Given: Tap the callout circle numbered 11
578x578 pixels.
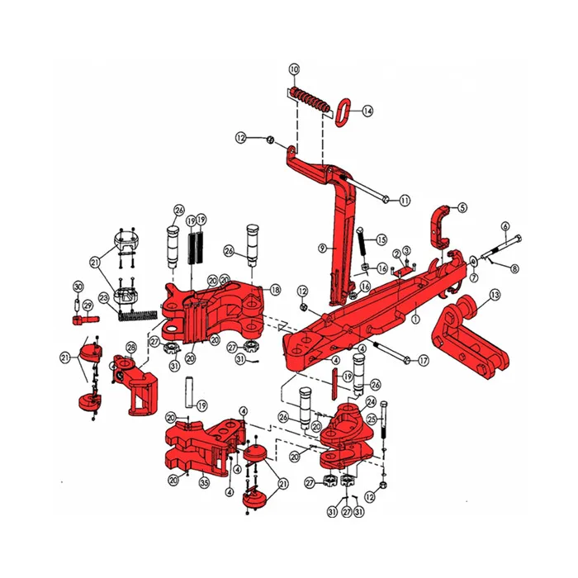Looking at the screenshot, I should click(x=405, y=201).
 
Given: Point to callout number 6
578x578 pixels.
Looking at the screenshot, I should click(x=505, y=226).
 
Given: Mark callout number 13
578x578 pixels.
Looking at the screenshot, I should click(x=495, y=295).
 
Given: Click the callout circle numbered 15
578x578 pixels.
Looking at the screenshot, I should click(x=381, y=239).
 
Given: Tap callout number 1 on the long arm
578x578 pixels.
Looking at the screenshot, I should click(x=415, y=318).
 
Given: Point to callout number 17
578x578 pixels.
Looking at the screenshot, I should click(x=424, y=360).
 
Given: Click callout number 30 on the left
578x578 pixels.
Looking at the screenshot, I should click(x=78, y=287).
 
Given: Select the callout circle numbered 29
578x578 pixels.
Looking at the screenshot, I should click(x=88, y=305).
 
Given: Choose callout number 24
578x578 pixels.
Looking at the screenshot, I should click(x=371, y=402).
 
